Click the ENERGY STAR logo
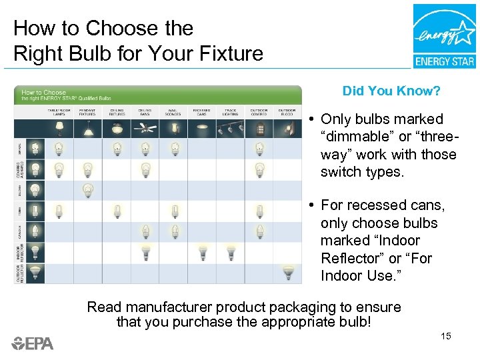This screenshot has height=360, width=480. click(x=444, y=36)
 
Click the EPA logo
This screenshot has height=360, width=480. click(x=33, y=343)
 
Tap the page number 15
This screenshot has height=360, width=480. click(x=446, y=335)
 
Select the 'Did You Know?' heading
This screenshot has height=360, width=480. click(x=391, y=91)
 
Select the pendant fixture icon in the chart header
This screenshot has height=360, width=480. click(x=88, y=127)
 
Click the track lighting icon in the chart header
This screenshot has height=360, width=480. click(x=231, y=127)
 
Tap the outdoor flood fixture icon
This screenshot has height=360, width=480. click(x=287, y=127)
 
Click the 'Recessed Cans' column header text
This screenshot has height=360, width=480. click(x=202, y=111)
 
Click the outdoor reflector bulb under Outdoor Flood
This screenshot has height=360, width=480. click(x=287, y=272)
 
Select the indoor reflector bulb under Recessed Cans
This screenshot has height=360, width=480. click(x=202, y=251)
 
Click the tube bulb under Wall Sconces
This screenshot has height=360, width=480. click(x=174, y=211)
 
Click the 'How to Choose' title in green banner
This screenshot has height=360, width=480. click(x=44, y=93)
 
